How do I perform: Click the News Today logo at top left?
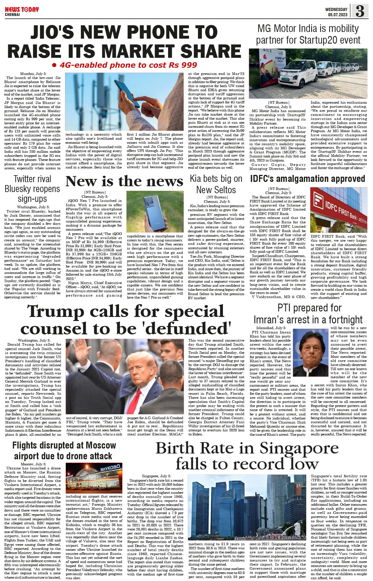click(21, 10)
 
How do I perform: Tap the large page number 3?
click(360, 11)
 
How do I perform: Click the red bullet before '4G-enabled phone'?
click(54, 65)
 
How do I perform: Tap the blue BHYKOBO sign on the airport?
click(110, 468)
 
